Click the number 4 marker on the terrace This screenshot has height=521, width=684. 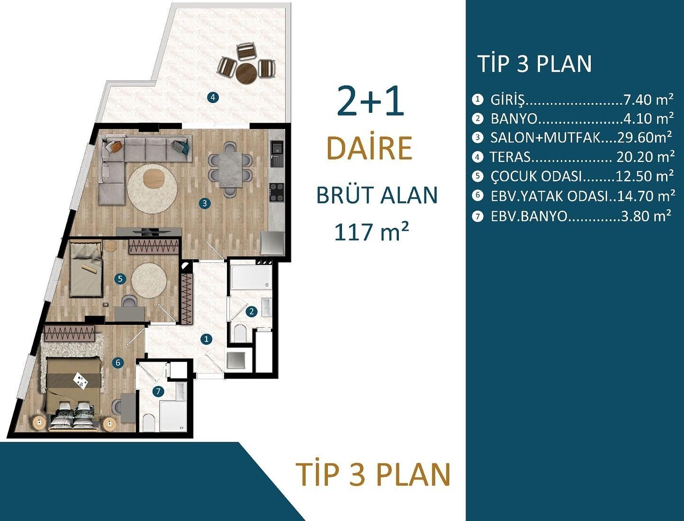coord(213,98)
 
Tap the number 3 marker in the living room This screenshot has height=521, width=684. coord(204,203)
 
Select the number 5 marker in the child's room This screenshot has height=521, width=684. coord(120,279)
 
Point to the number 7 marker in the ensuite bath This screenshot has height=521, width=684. coord(158,391)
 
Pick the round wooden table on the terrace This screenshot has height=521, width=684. coord(246,73)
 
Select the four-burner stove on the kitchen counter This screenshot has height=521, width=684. coord(277,192)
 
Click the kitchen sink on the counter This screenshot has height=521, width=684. coord(276,151)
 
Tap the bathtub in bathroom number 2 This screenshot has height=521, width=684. coord(251,278)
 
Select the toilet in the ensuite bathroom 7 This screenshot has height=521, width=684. coord(149,422)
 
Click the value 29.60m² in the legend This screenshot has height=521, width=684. coord(644,137)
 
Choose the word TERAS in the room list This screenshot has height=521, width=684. coord(510,157)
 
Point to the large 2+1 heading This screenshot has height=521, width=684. coord(370,102)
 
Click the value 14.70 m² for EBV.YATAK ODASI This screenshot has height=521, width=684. coord(646,196)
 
